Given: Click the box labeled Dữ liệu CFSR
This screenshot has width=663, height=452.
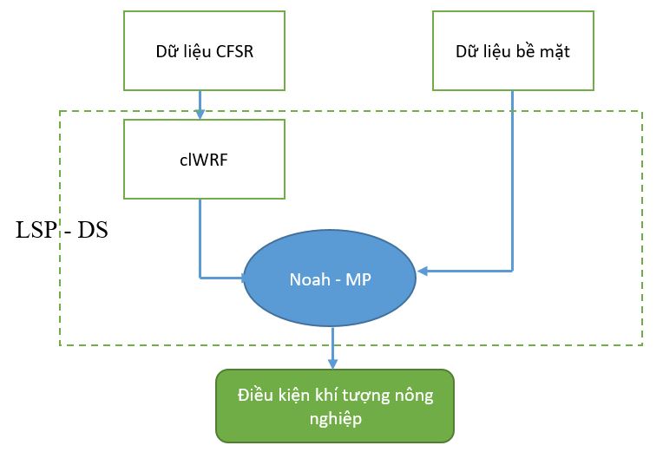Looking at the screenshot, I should pos(204,50).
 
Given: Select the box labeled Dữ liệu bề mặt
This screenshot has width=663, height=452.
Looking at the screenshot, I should pos(512,50).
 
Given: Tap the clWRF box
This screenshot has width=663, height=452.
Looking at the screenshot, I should pos(204,159).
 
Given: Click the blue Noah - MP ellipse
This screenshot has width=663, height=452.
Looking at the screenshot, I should pos(331,279).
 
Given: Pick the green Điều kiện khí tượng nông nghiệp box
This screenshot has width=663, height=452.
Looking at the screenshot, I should pos(335,406).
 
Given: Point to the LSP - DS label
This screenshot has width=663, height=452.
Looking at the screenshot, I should pos(62,231).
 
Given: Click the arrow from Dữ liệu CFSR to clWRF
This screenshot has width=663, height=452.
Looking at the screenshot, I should pos(200,103).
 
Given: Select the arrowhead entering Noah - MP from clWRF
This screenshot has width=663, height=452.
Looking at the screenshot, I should pos(241,278).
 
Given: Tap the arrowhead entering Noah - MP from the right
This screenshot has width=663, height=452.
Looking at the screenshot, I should pos(423,272).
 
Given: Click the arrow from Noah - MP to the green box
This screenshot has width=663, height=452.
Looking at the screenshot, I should pos(332,347).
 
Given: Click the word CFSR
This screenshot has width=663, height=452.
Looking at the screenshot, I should pos(237,51).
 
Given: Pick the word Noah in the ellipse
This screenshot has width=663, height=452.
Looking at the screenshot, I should pos(310,280).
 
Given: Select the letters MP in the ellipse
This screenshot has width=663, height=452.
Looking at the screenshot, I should pos(359,280).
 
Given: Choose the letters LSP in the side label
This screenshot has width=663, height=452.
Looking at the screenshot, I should pos(36,231).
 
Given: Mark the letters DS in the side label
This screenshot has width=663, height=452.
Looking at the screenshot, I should pos(93,231).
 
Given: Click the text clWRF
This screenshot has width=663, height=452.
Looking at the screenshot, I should pos(204,160).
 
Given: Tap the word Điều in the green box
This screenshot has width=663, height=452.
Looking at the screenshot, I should pos(253,396).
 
